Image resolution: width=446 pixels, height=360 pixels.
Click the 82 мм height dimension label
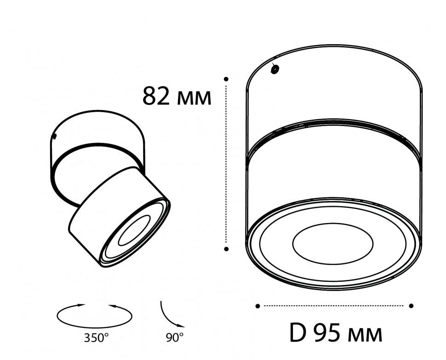177,96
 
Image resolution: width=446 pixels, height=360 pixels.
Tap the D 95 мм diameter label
336,333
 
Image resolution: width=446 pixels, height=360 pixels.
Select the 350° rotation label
96,338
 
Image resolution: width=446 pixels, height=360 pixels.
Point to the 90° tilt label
175,337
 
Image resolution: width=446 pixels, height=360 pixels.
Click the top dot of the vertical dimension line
226,79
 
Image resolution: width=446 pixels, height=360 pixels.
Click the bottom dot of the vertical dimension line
226,249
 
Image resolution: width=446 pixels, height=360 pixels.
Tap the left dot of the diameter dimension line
257,306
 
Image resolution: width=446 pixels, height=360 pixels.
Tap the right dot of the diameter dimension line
411,306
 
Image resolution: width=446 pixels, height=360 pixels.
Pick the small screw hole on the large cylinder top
275,69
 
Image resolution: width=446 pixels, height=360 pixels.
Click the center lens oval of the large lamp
332,244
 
